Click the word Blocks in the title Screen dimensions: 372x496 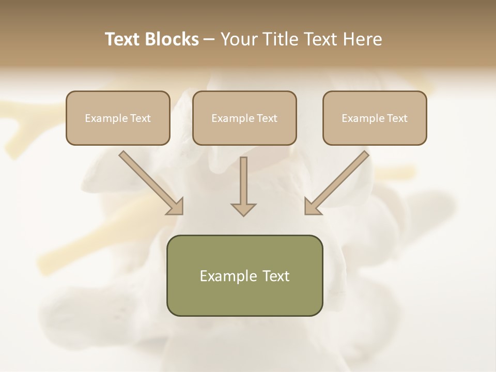172,39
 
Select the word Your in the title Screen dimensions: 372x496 239,39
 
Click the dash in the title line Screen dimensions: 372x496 209,39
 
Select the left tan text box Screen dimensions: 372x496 118,118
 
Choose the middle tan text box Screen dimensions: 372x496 244,118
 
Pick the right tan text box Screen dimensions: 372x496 375,118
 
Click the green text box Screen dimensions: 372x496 244,275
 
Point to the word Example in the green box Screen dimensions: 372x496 223,276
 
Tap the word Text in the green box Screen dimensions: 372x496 276,276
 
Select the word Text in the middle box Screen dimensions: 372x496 267,118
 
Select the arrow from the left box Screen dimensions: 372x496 150,182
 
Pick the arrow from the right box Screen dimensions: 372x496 337,182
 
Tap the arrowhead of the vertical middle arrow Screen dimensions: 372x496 243,209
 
